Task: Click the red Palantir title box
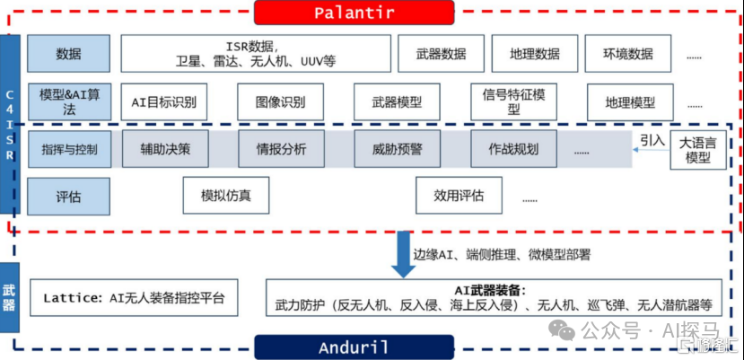point(356,13)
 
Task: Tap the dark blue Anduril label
point(354,347)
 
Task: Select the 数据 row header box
point(68,54)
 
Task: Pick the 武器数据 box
point(441,54)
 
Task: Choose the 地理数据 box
point(533,54)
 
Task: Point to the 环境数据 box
point(627,54)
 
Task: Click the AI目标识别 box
point(163,101)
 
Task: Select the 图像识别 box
point(279,101)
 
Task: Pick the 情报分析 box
point(280,149)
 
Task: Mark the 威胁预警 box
point(396,149)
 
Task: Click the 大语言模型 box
point(697,150)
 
